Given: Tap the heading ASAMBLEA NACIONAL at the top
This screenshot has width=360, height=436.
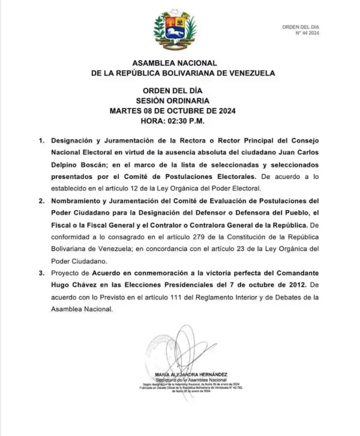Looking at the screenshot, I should point(175,62).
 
